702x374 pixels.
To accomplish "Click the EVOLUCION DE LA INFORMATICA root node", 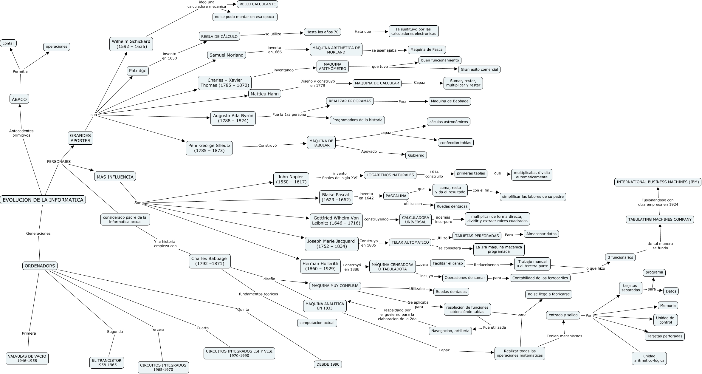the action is pos(43,200).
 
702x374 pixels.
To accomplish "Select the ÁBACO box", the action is pos(19,99).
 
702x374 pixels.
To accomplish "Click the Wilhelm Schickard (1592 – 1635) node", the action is pos(131,44).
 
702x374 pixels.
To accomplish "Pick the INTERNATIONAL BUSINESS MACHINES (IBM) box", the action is pos(658,182).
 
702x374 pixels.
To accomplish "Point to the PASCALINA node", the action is pos(396,196).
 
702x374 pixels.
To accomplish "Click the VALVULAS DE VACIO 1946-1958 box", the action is pos(27,358).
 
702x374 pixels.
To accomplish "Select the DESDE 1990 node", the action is pos(328,364).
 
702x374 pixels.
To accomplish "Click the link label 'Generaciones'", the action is pos(38,234).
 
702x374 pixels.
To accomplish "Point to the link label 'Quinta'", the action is pos(243,310).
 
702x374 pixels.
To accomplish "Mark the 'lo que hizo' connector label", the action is pos(595,268).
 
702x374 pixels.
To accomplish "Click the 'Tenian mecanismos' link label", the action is pos(564,336).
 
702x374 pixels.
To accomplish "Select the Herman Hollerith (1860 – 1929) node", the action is pos(320,266).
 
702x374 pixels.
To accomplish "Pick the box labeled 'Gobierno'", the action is pos(416,155).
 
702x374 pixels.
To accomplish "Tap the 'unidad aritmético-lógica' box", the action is pos(649,358).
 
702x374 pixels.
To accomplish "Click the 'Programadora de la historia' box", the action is pos(357,120).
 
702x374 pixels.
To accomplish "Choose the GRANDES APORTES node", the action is pos(80,138).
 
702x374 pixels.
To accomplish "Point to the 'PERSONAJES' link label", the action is pos(59,162).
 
